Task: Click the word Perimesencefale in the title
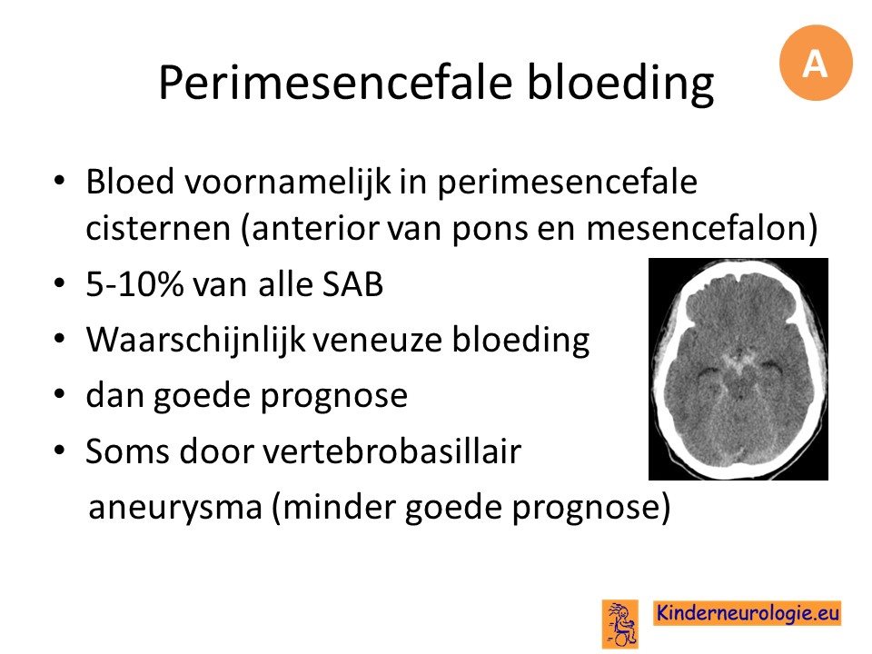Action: tap(335, 83)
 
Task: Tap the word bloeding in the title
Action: tap(620, 83)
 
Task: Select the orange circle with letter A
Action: tap(816, 63)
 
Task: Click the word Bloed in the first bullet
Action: tap(130, 182)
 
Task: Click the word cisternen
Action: tap(158, 228)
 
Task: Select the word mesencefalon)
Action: tap(702, 228)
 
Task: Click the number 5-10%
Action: tap(134, 284)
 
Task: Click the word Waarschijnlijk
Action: tap(196, 341)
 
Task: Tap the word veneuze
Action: tap(378, 342)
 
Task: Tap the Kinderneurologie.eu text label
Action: tap(748, 613)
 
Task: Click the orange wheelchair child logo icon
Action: tap(620, 624)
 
